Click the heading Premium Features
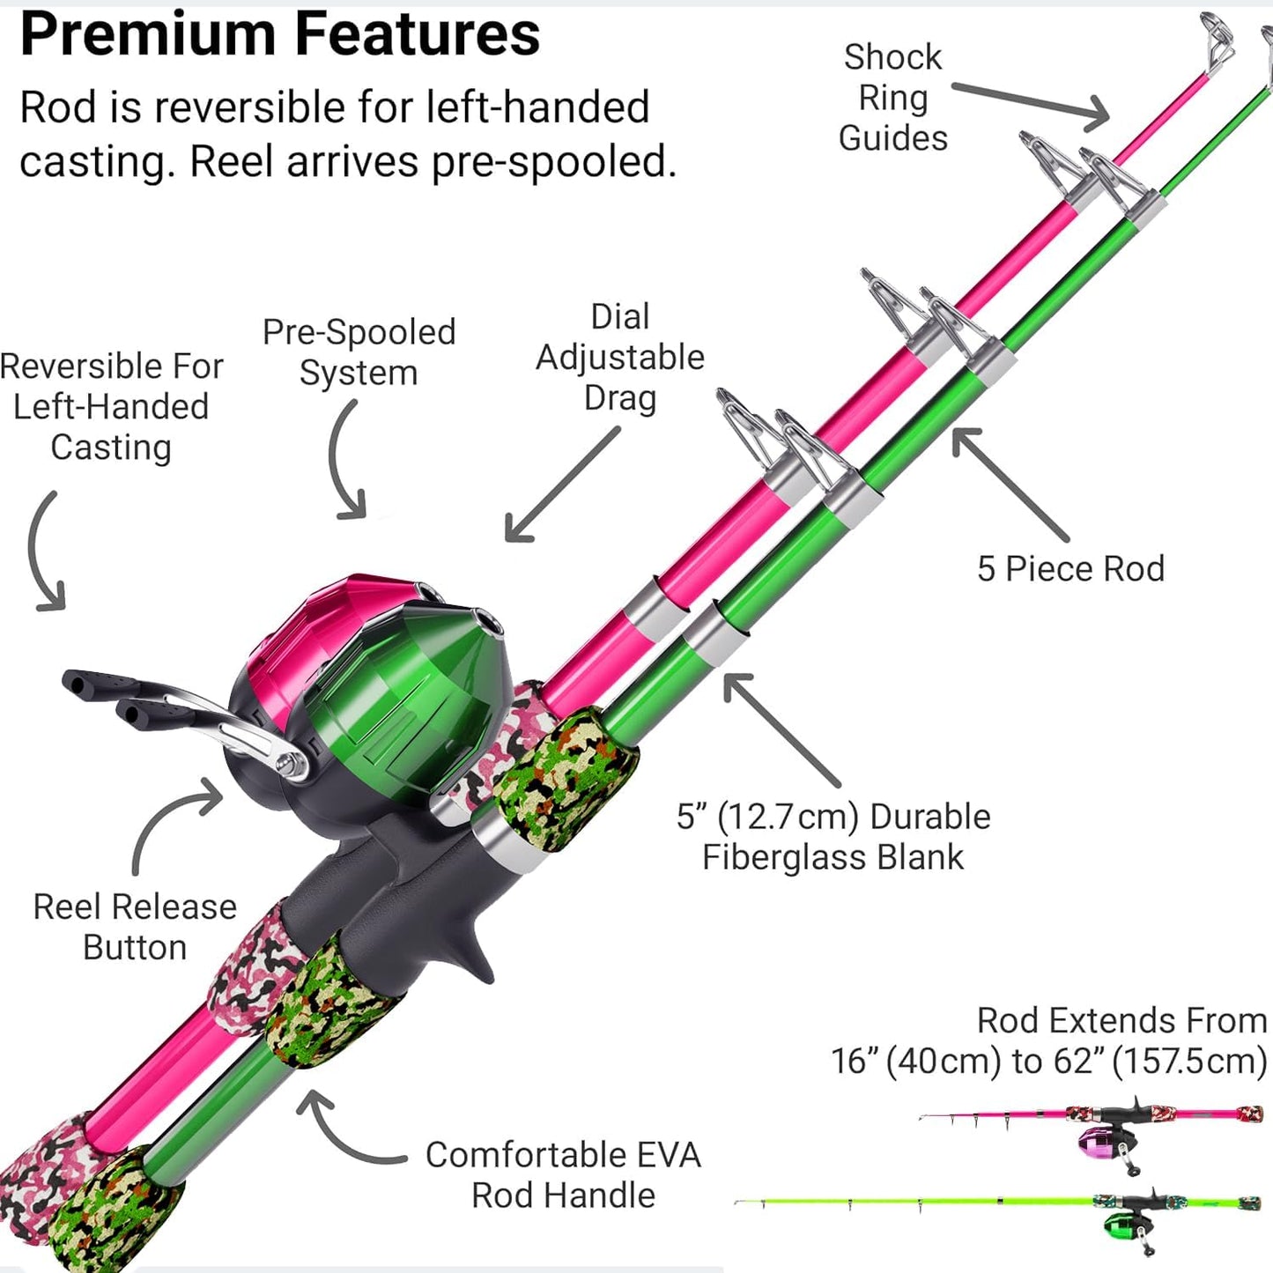(279, 35)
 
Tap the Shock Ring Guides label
(892, 97)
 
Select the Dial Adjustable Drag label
(620, 357)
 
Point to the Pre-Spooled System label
(359, 352)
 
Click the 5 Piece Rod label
(1070, 569)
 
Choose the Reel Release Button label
(135, 927)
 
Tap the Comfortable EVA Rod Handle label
(563, 1174)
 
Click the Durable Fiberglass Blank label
(833, 837)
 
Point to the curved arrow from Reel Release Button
(167, 819)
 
